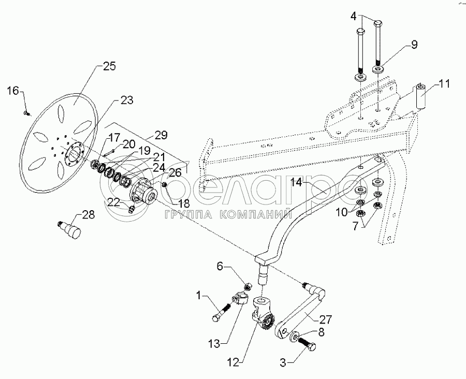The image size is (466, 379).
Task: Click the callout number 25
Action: click(109, 66)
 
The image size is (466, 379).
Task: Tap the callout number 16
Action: click(13, 91)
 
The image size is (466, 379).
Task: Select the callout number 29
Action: click(161, 135)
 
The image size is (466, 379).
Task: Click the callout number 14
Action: click(296, 182)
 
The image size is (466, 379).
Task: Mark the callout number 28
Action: click(88, 214)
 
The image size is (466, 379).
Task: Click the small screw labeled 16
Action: click(27, 113)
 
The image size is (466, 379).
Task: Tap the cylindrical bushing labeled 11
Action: click(420, 97)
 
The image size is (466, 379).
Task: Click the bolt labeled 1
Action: click(222, 312)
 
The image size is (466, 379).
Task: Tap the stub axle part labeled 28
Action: click(69, 229)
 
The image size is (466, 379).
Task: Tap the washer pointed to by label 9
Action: click(378, 69)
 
